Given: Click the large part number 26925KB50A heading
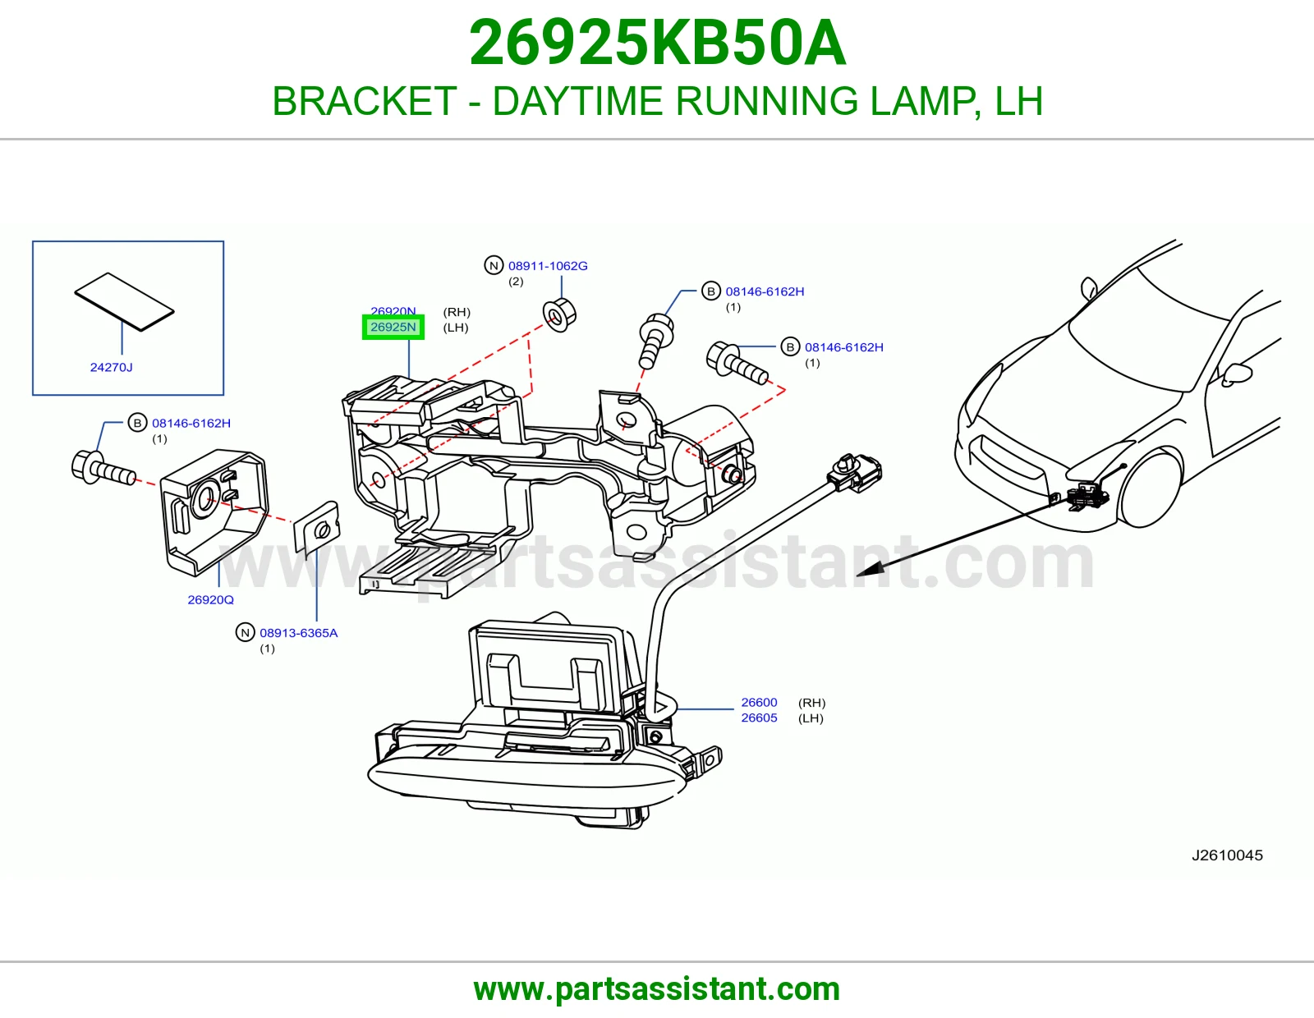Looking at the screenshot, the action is tap(657, 44).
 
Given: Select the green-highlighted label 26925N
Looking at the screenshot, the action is tap(393, 327).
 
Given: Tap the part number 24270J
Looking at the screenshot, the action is tap(111, 367).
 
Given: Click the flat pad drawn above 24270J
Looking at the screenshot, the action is tap(125, 301).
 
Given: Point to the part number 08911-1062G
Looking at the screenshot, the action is tap(548, 265).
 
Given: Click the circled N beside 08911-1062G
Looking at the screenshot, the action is tap(494, 265).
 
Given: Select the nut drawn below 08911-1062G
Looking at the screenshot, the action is tap(559, 314).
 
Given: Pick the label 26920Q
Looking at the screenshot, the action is tap(210, 599).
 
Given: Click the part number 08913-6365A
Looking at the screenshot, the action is tap(299, 633).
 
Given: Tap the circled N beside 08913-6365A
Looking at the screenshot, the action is tap(245, 633).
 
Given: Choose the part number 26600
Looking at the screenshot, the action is tap(760, 703).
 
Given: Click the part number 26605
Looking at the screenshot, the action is tap(760, 718).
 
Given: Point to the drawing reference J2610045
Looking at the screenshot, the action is tap(1228, 855).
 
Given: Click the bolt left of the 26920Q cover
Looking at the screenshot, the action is tap(103, 469).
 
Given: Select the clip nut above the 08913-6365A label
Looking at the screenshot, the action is tap(316, 528).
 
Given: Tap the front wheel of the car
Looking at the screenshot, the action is tap(1152, 489).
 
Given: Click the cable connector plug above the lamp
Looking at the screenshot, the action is tap(856, 475).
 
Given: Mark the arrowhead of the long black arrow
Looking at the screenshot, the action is tap(868, 570).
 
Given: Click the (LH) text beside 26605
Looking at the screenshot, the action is tap(811, 718).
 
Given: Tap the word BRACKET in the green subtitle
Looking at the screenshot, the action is tap(365, 101).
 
